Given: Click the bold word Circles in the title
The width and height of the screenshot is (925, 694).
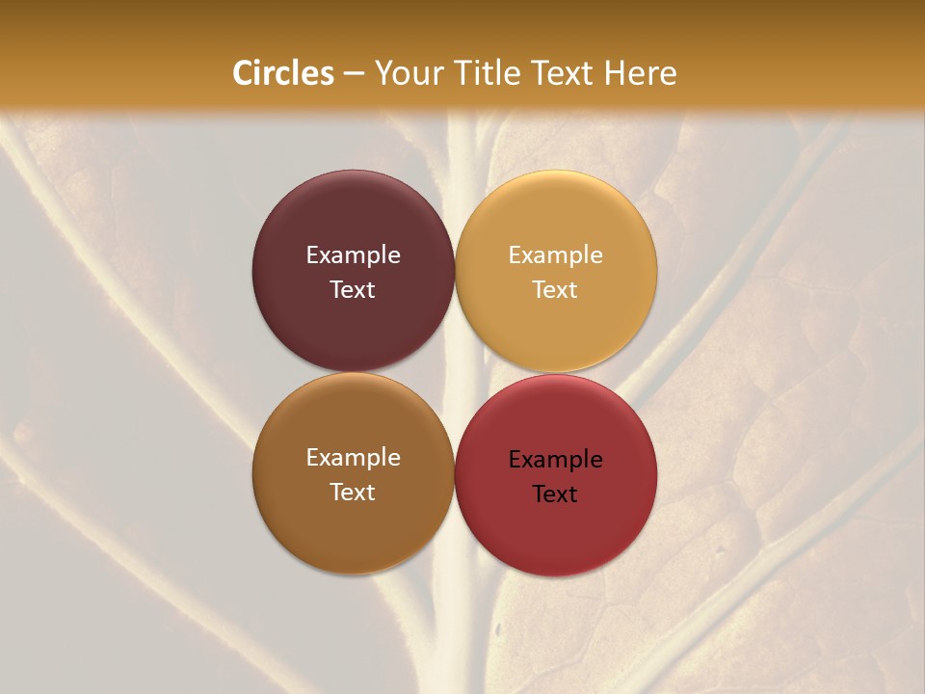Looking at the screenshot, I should [x=283, y=73].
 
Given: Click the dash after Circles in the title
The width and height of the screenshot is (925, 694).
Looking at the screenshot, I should [x=354, y=74].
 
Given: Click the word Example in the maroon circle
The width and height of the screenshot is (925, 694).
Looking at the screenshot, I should [x=353, y=255].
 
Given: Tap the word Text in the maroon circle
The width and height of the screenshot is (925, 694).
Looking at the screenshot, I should [x=353, y=290].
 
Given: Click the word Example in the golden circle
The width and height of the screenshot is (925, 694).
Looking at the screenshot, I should [x=555, y=255].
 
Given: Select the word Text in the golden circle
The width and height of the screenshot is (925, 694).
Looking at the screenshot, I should [x=555, y=290].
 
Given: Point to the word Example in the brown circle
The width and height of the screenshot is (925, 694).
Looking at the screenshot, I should [x=353, y=458].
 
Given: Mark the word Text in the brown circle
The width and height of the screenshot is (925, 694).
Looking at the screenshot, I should [x=353, y=493].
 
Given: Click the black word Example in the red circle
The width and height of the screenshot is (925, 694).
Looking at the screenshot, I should [x=555, y=460].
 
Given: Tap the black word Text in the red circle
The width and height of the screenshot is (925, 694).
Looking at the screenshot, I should [x=555, y=494].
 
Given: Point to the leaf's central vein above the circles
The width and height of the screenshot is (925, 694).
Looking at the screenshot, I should [x=462, y=145].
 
